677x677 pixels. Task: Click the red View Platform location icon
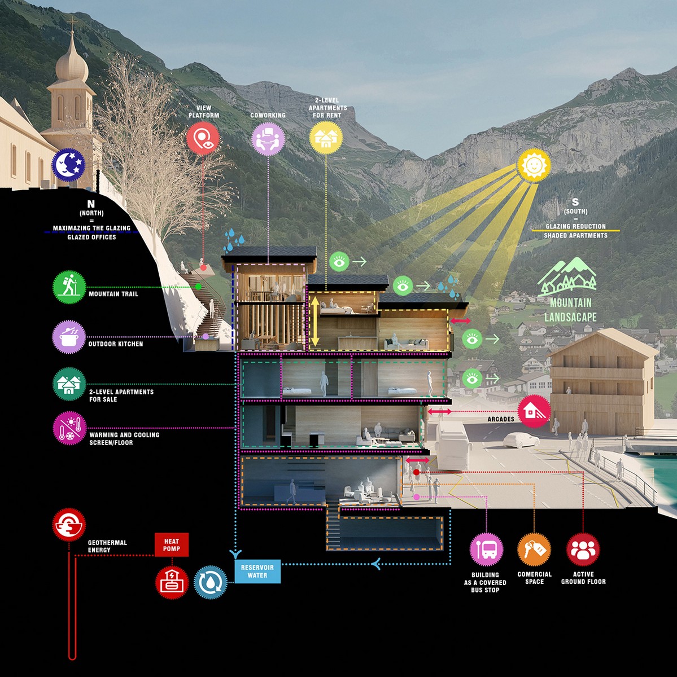pyautogui.click(x=203, y=138)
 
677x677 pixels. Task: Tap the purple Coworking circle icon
pyautogui.click(x=268, y=138)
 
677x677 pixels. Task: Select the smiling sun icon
pyautogui.click(x=534, y=165)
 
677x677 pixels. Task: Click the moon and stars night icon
pyautogui.click(x=68, y=164)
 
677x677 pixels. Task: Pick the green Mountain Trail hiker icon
pyautogui.click(x=69, y=287)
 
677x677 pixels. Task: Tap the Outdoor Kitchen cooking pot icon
pyautogui.click(x=69, y=337)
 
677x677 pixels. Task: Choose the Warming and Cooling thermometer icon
pyautogui.click(x=69, y=428)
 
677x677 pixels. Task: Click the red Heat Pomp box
pyautogui.click(x=172, y=545)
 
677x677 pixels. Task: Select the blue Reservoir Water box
pyautogui.click(x=257, y=572)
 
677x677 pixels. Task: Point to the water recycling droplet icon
pyautogui.click(x=211, y=582)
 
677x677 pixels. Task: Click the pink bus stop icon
pyautogui.click(x=486, y=549)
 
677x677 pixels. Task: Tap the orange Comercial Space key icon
pyautogui.click(x=534, y=549)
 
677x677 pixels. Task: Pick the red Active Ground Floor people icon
pyautogui.click(x=583, y=549)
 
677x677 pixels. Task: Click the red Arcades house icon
pyautogui.click(x=534, y=411)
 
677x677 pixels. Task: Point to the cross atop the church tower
pyautogui.click(x=72, y=23)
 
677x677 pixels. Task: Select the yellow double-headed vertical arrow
pyautogui.click(x=315, y=322)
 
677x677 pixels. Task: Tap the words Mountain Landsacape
pyautogui.click(x=570, y=310)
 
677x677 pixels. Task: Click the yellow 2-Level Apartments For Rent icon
pyautogui.click(x=326, y=138)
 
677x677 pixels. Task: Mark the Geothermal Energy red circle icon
pyautogui.click(x=69, y=525)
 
